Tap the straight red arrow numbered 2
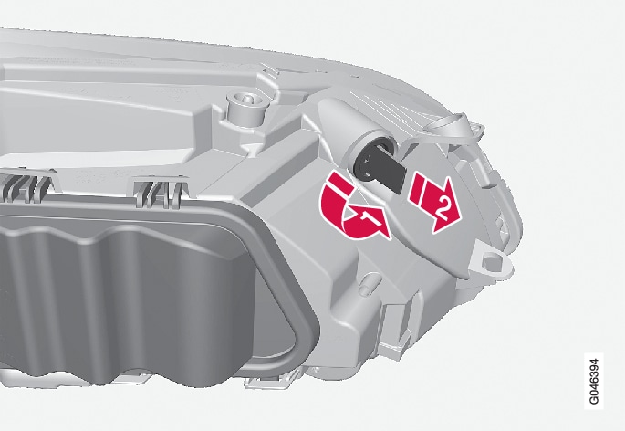[x=436, y=202]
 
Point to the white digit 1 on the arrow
[x=366, y=218]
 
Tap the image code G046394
[x=593, y=381]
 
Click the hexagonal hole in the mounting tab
[x=492, y=262]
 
